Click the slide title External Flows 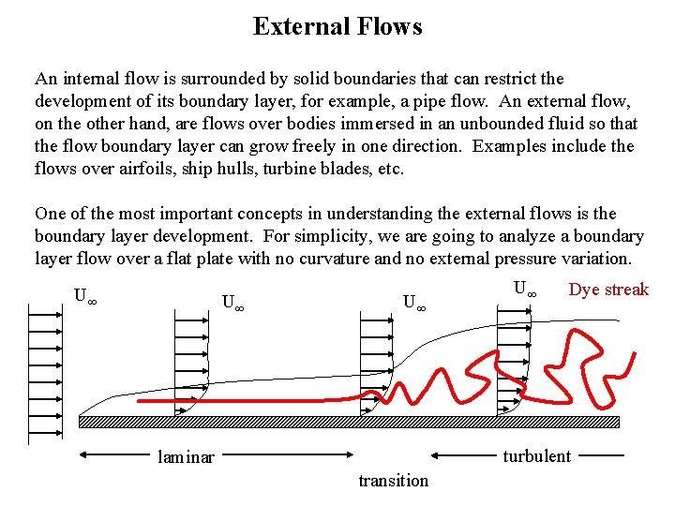coord(337,26)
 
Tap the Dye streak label coord(608,290)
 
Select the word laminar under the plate coord(186,457)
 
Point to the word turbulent coord(536,456)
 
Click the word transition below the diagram coord(393,481)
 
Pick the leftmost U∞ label coord(85,297)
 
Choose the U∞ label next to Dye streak coord(525,290)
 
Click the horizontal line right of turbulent coord(600,456)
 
